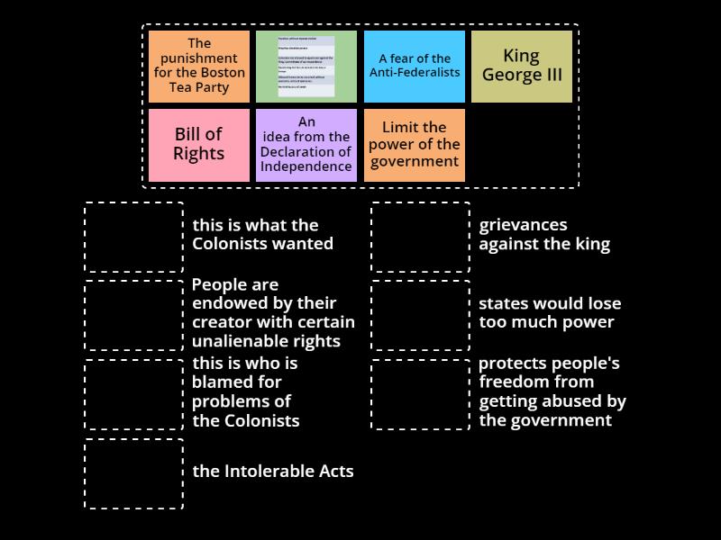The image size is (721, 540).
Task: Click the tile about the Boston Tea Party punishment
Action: pos(199,66)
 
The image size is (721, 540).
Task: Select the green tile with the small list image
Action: pos(306,66)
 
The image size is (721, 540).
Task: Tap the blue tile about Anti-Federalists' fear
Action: pos(415,66)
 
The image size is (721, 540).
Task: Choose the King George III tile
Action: pos(522,66)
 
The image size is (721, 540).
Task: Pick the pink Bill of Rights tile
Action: pos(199,144)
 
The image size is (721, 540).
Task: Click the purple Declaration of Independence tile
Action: pos(306,144)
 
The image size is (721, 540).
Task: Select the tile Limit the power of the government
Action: pos(415,144)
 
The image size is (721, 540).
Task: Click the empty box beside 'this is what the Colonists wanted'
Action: pos(134,237)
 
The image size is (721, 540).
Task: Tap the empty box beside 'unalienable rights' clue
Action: pos(134,315)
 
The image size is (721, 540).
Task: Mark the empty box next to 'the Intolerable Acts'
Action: pos(134,473)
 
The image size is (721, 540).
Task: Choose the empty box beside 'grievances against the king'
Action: pos(421,237)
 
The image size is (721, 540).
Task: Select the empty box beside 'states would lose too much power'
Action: pos(421,315)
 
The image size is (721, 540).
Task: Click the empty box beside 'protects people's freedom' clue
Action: pos(421,394)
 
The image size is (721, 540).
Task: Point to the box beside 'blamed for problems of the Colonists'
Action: pos(134,394)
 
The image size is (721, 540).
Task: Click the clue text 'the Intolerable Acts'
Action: pos(273,471)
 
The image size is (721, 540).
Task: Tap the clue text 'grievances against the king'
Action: pos(544,234)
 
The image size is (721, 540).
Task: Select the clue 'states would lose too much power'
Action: pos(550,313)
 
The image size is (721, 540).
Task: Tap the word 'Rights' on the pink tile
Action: pos(199,154)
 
